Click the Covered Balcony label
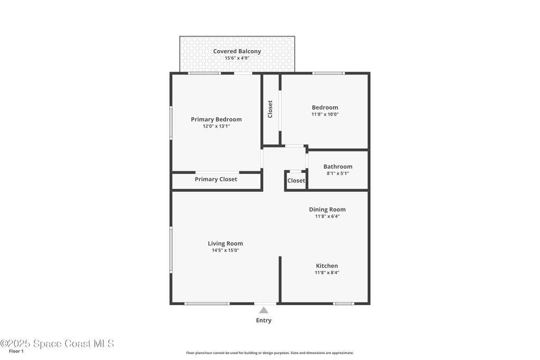click(x=237, y=51)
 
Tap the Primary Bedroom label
click(x=216, y=120)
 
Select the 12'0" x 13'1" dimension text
click(x=216, y=127)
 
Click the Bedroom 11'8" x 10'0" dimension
click(x=325, y=114)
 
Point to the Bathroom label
click(x=338, y=167)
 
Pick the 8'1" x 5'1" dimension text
click(x=338, y=173)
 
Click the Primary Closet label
click(x=216, y=179)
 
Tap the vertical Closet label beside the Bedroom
click(x=270, y=109)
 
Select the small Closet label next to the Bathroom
click(x=296, y=181)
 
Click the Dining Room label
click(x=327, y=210)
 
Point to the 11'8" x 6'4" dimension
click(x=327, y=217)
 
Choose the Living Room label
click(x=225, y=244)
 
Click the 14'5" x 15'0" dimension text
click(x=225, y=250)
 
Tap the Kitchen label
click(x=327, y=266)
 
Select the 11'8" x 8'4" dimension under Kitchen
click(x=327, y=273)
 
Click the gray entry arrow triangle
click(x=264, y=310)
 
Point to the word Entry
click(x=264, y=320)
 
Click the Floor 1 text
click(x=16, y=352)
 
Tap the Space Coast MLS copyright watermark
click(x=57, y=344)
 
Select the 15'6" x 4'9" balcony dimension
click(x=237, y=58)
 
